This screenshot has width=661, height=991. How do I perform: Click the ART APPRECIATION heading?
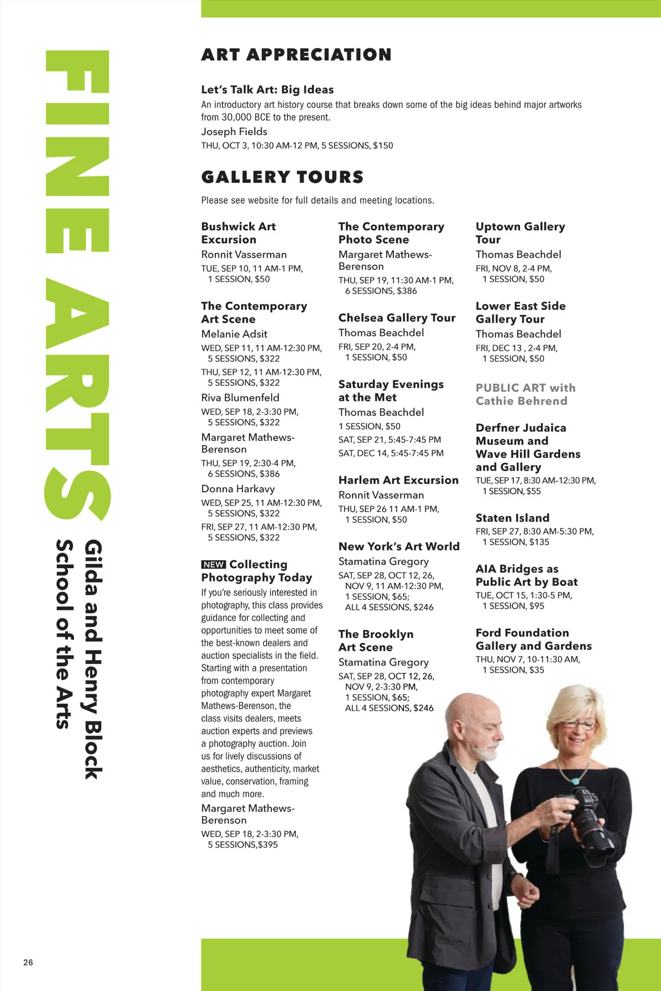pyautogui.click(x=296, y=55)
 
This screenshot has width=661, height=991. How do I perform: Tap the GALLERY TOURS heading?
pyautogui.click(x=283, y=177)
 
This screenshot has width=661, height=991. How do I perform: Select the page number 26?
pyautogui.click(x=28, y=962)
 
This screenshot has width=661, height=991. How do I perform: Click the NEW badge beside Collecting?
pyautogui.click(x=214, y=564)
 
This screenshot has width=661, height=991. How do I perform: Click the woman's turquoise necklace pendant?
pyautogui.click(x=576, y=781)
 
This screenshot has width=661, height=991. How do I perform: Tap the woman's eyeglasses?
pyautogui.click(x=578, y=726)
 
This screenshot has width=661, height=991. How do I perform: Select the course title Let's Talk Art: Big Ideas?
pyautogui.click(x=267, y=90)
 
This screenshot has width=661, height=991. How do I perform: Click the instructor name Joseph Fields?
pyautogui.click(x=234, y=132)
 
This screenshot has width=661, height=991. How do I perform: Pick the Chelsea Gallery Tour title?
pyautogui.click(x=397, y=318)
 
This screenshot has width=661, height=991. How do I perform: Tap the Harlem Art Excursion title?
pyautogui.click(x=398, y=480)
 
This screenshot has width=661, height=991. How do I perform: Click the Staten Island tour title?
pyautogui.click(x=512, y=518)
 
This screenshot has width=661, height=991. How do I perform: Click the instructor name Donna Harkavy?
pyautogui.click(x=238, y=489)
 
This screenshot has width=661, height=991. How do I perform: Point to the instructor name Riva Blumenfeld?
pyautogui.click(x=240, y=398)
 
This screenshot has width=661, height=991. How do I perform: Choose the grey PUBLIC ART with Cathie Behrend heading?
pyautogui.click(x=525, y=394)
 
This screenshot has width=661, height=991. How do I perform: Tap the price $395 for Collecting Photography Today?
pyautogui.click(x=268, y=845)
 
